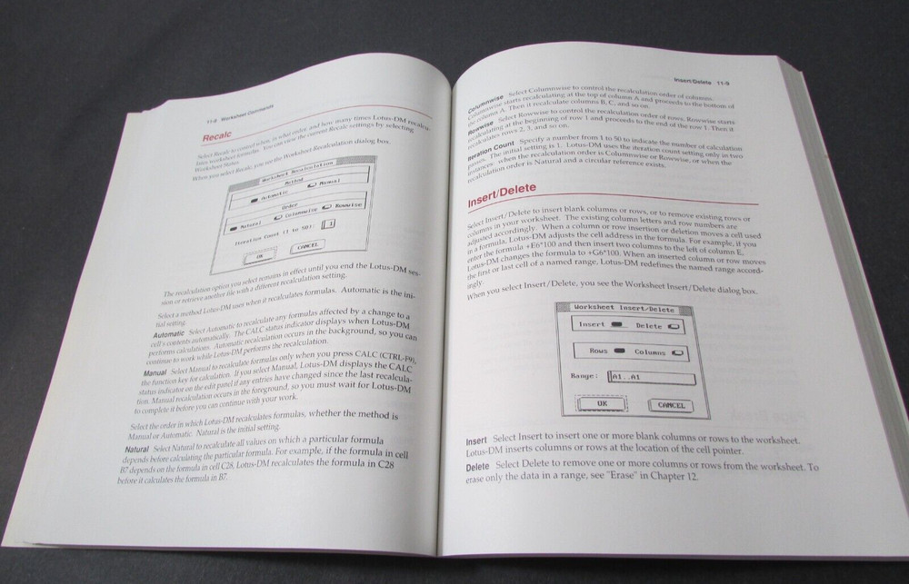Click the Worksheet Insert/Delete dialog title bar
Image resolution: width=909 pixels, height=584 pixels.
[624, 309]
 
